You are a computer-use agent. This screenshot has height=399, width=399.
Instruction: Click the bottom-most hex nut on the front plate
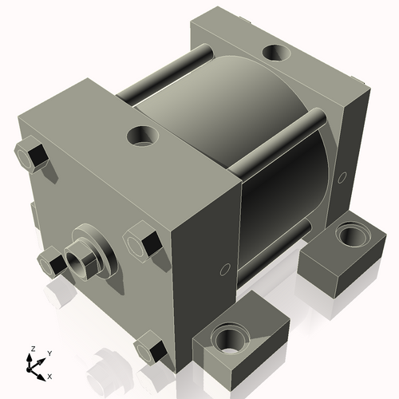(152, 349)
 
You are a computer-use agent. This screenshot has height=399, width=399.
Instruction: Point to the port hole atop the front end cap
(144, 136)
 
